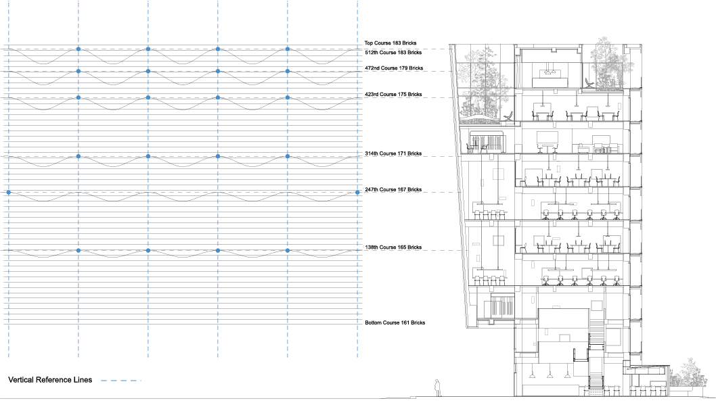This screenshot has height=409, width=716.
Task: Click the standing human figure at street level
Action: coord(438,387)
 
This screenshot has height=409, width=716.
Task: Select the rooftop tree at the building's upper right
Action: coord(607,64)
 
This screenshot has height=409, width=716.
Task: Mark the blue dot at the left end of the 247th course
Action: coord(9,193)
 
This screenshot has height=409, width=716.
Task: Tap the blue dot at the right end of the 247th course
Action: coord(357,193)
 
